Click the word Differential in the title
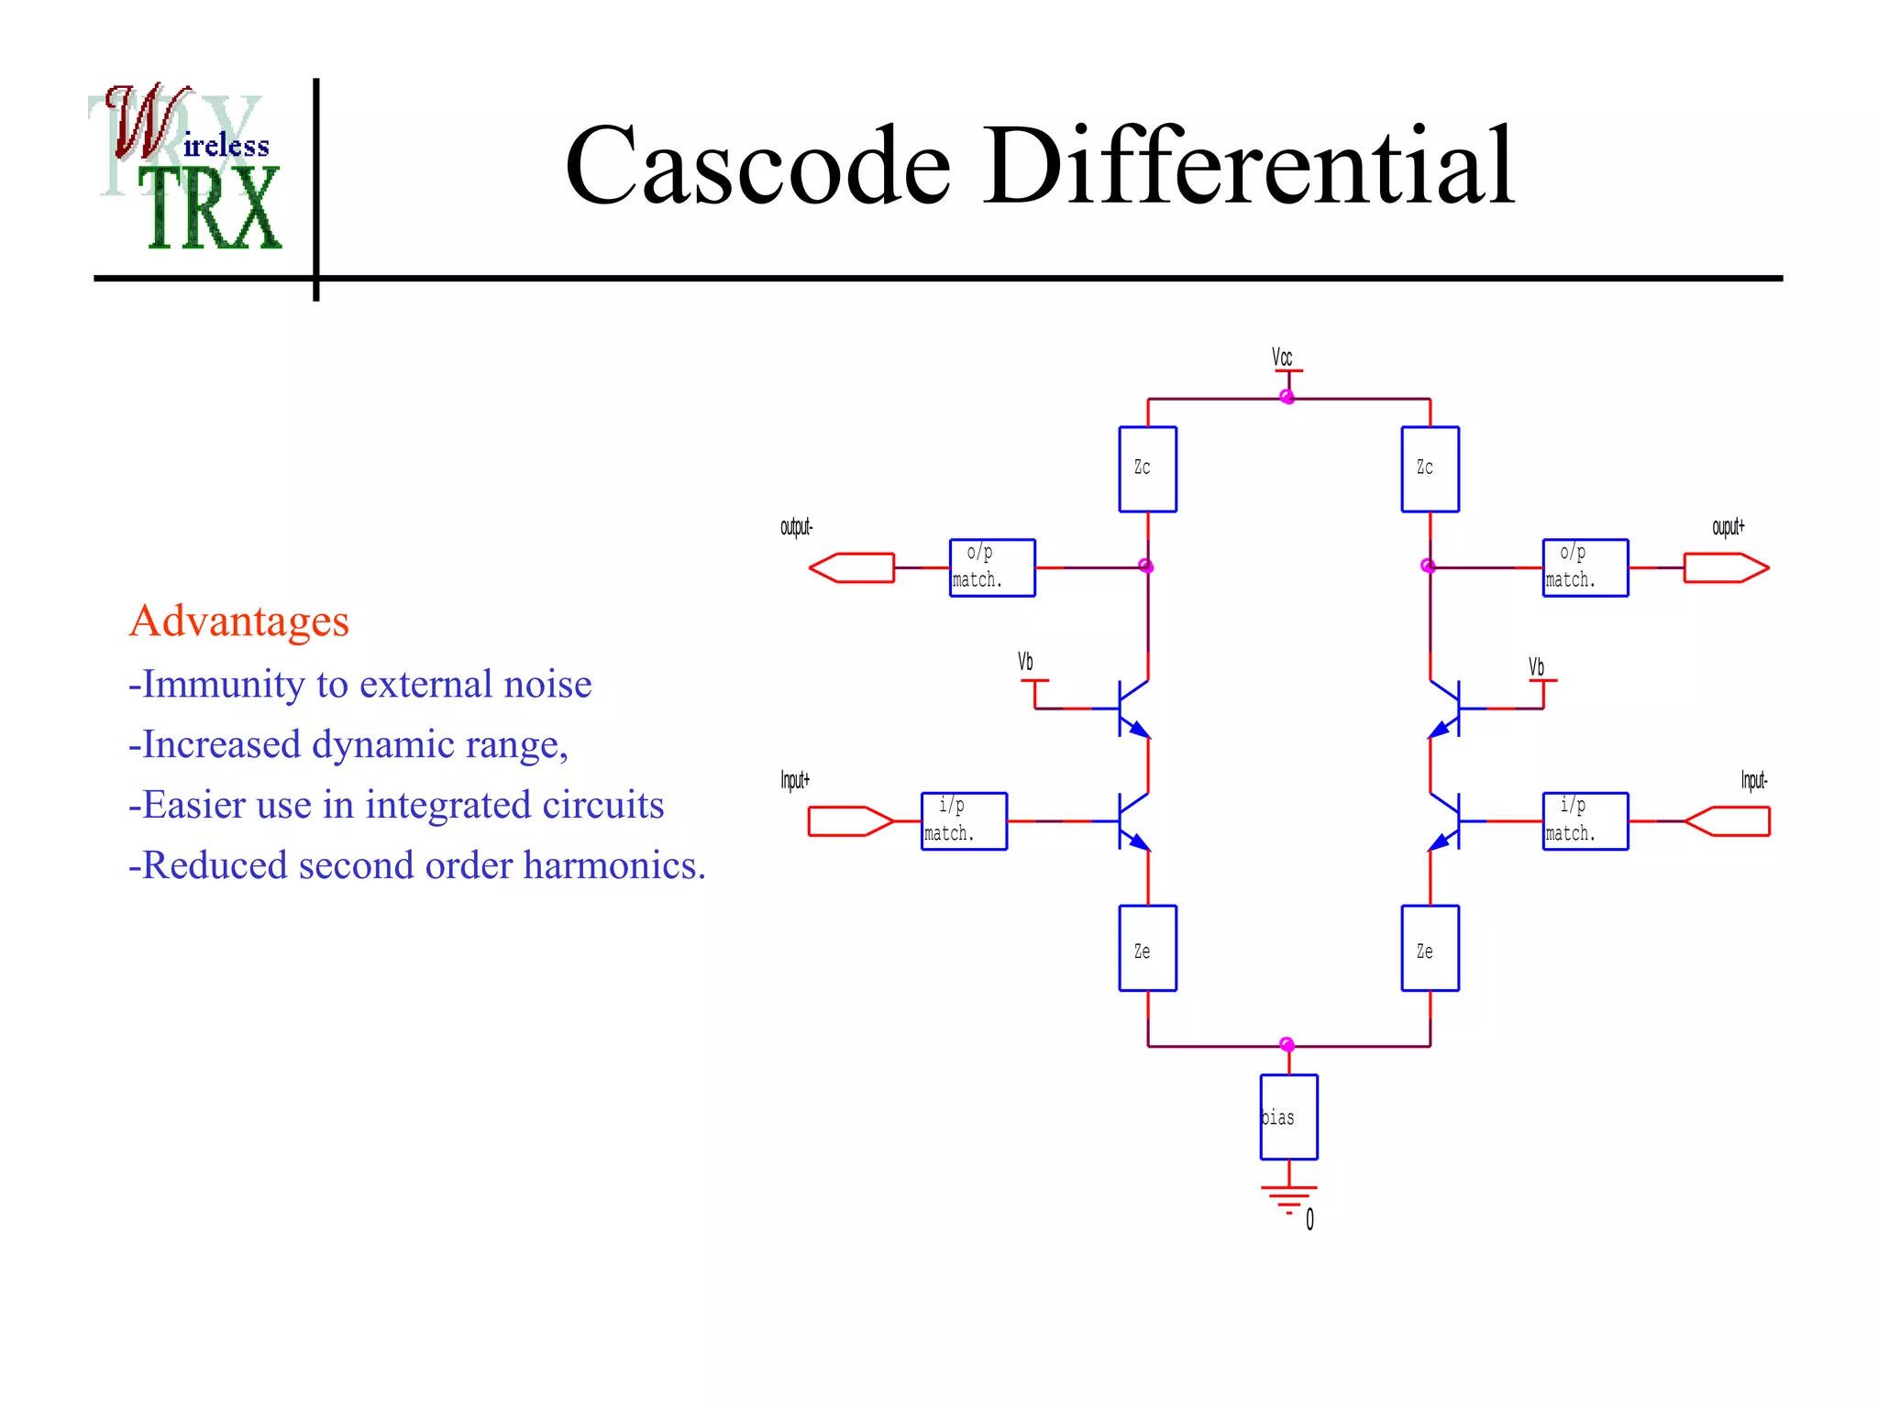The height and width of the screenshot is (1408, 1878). tap(1249, 167)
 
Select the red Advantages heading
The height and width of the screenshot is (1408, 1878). tap(239, 621)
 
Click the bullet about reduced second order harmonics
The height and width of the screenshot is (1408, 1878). tap(417, 865)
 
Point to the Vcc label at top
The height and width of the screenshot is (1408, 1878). tap(1282, 357)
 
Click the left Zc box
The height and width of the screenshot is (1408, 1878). tap(1147, 468)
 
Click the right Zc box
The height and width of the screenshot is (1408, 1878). tap(1430, 468)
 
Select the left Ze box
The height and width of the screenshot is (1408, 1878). tap(1147, 948)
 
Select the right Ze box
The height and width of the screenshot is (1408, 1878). tap(1430, 948)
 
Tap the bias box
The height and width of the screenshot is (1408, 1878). tap(1288, 1116)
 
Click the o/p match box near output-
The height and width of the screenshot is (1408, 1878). tap(992, 567)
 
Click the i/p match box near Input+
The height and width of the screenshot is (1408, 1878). tap(964, 820)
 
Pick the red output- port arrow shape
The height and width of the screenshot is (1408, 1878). tap(851, 567)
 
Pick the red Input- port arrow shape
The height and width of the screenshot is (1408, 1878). tap(1728, 820)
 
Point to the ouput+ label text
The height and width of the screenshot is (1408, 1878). tap(1728, 527)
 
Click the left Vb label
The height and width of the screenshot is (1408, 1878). tap(1025, 662)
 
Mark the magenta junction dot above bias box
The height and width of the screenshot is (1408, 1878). tap(1287, 1044)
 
